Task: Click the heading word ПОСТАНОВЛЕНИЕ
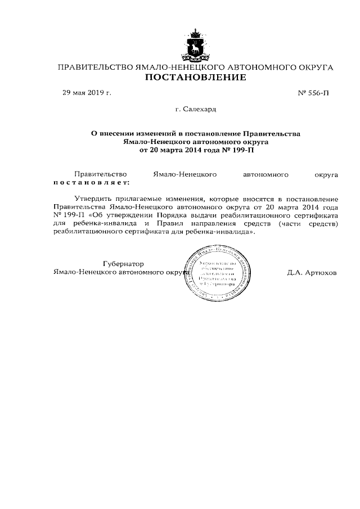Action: pos(196,78)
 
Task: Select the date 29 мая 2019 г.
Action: pos(87,93)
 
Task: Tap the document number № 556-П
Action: pos(313,93)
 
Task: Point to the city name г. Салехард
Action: pos(196,109)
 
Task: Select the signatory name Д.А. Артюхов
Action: pos(312,273)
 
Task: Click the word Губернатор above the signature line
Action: pos(123,264)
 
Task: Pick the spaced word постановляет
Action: pos(91,182)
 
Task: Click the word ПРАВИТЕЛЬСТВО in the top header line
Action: pos(92,67)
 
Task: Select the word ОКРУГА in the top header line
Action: pos(314,67)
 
